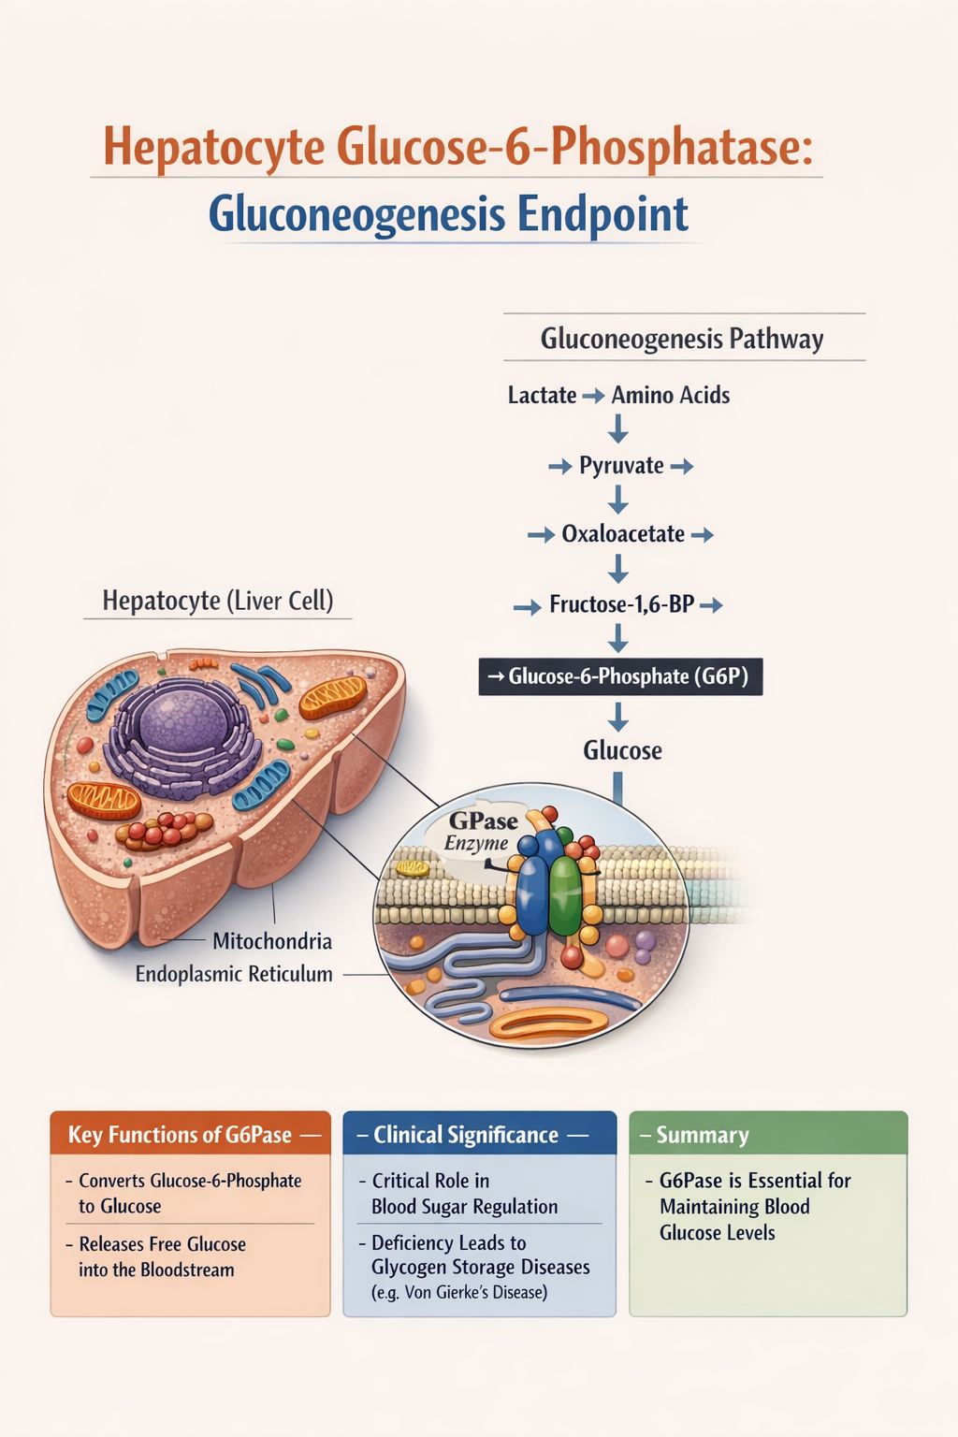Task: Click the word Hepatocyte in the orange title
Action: tap(214, 147)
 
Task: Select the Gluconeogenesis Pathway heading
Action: tap(681, 339)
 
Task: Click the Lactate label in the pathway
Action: tap(542, 395)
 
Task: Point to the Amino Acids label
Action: tap(671, 395)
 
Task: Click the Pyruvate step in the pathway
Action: tap(621, 465)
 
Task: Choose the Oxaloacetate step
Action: tap(623, 534)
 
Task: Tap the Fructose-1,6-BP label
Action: tap(622, 603)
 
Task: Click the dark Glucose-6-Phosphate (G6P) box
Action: tap(620, 676)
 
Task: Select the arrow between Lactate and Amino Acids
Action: tap(593, 395)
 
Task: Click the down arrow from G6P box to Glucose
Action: tap(617, 718)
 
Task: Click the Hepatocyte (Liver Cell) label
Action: tap(218, 601)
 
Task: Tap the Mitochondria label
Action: tap(272, 941)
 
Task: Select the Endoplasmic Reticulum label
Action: tap(234, 974)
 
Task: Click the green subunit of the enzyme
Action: tap(565, 895)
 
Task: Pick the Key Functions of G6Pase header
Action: tap(180, 1135)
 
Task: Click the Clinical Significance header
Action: tap(466, 1135)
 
